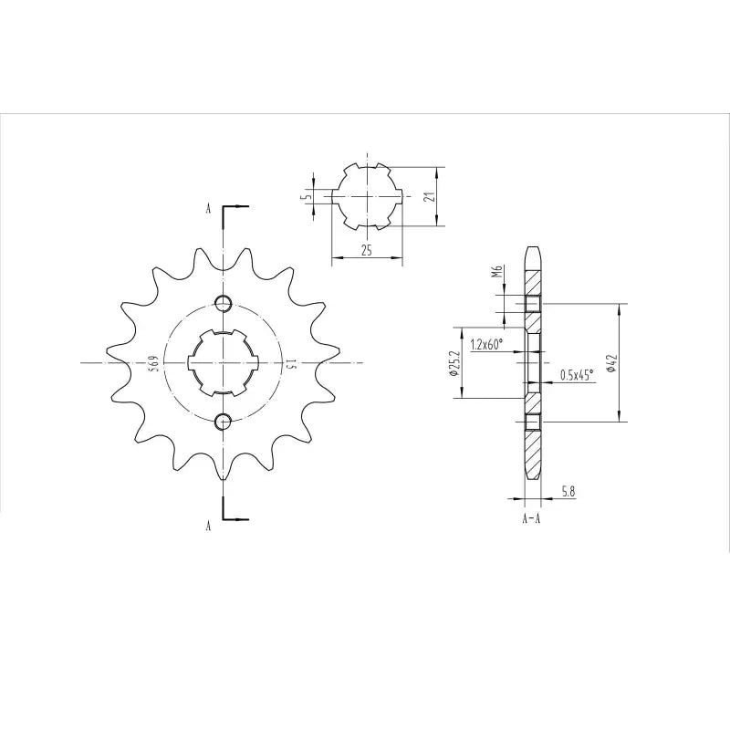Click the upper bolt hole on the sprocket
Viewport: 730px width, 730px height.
[224, 304]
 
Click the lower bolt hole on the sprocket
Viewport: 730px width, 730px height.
[224, 421]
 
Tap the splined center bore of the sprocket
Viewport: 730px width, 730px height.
[224, 362]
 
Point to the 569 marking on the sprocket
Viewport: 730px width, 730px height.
[155, 363]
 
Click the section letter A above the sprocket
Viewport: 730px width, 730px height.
[208, 209]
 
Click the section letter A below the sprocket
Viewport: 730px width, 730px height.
[208, 526]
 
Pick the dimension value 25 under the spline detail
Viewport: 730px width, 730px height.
[366, 251]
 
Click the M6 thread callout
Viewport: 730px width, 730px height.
[497, 272]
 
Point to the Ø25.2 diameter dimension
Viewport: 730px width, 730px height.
[454, 362]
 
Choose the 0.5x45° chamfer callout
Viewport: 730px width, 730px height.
[576, 373]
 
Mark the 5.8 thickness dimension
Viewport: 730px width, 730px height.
[568, 492]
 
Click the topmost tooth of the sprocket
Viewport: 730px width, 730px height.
[224, 239]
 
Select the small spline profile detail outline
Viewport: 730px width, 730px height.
[366, 195]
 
